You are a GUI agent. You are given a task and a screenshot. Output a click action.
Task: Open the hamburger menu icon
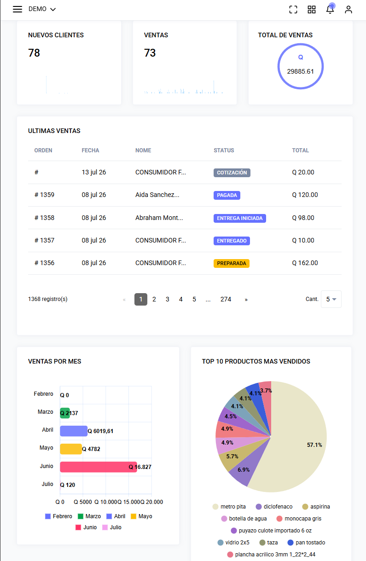click(x=17, y=9)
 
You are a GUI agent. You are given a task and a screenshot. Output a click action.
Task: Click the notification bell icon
click(x=330, y=9)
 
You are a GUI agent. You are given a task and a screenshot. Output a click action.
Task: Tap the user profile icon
click(x=348, y=10)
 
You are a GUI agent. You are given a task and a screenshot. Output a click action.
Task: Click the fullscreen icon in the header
click(x=293, y=10)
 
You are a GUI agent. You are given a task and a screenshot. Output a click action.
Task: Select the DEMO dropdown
click(x=42, y=9)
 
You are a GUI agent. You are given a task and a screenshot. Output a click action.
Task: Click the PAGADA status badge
click(x=227, y=195)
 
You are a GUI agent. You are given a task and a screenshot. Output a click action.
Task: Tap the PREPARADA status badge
click(x=231, y=263)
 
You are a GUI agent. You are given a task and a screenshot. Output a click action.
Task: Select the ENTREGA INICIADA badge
click(x=239, y=218)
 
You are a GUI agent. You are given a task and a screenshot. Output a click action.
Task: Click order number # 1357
click(x=44, y=240)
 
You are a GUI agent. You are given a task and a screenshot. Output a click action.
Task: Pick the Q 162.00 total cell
click(x=305, y=263)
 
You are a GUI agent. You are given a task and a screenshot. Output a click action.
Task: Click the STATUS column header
click(x=224, y=150)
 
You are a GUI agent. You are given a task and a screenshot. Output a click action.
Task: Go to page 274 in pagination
click(x=226, y=299)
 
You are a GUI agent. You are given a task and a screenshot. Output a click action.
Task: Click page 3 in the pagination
click(x=167, y=299)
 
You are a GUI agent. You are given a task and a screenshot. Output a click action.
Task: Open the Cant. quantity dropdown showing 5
click(x=331, y=299)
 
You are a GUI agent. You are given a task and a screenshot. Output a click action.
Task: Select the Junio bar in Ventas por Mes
click(x=99, y=467)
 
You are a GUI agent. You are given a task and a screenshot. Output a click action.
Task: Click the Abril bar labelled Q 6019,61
click(x=74, y=431)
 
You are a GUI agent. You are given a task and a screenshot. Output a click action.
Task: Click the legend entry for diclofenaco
click(x=274, y=507)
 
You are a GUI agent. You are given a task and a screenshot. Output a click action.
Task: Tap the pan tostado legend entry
click(x=306, y=543)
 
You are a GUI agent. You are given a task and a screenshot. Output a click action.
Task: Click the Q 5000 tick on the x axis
click(x=83, y=502)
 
